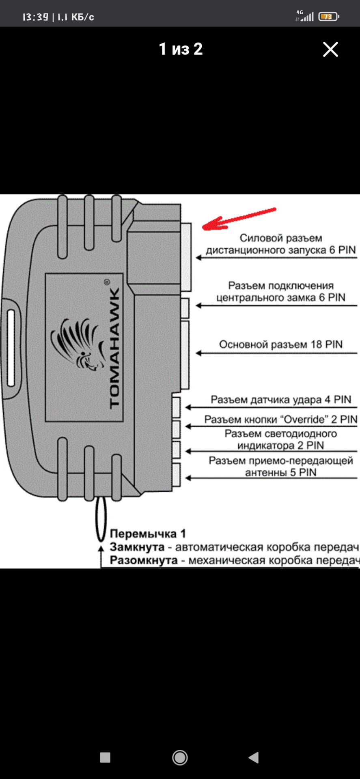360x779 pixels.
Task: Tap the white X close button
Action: pos(330,49)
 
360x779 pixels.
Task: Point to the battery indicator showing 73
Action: pos(328,17)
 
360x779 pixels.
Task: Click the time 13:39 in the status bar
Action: pos(35,17)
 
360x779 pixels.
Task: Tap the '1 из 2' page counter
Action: pos(181,49)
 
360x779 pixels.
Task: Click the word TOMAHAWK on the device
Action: pos(114,348)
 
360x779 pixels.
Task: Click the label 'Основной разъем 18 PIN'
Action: pos(281,344)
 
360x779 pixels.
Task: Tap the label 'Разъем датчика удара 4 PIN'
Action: pos(281,400)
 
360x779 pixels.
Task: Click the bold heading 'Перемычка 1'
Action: pos(148,534)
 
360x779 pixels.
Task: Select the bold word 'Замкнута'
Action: pos(137,547)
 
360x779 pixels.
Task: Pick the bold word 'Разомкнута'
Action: pos(144,560)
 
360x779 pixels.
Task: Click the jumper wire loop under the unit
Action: pos(101,519)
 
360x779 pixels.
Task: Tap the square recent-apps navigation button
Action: pos(105,757)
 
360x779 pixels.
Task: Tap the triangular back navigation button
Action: pos(254,757)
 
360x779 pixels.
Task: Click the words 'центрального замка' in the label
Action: pos(266,298)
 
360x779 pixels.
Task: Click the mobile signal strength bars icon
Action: pos(307,17)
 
